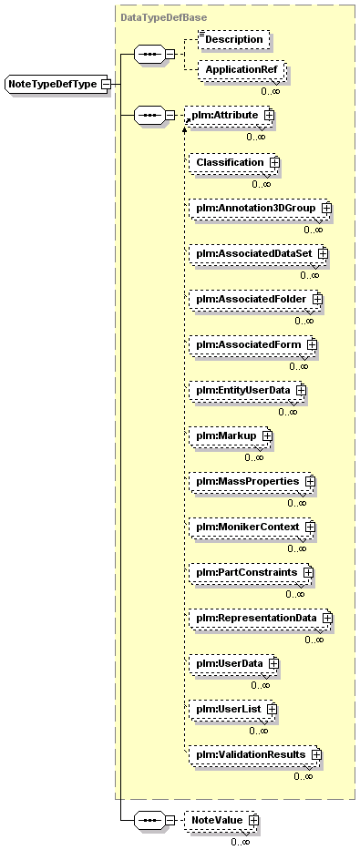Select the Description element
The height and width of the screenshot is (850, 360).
tap(233, 39)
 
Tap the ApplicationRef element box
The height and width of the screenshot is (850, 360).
tap(242, 70)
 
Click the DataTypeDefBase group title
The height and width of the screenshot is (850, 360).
tap(156, 17)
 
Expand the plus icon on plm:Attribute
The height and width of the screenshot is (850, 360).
tap(268, 115)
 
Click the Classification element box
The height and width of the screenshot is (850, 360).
tap(233, 162)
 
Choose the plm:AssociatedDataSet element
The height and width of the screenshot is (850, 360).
tap(259, 253)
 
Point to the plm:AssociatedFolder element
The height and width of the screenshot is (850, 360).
tap(255, 299)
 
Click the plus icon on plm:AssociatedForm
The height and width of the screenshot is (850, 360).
tap(311, 344)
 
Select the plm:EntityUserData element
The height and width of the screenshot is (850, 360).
tap(247, 390)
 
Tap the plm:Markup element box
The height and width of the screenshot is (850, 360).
tap(230, 435)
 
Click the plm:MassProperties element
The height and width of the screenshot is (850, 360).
tap(252, 481)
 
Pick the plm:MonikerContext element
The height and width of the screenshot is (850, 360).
tap(252, 527)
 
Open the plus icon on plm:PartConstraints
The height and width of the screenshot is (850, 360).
tap(308, 572)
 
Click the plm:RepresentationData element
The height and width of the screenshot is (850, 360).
tap(261, 618)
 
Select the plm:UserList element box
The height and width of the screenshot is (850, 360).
tap(233, 709)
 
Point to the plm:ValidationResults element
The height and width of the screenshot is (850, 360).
tap(255, 754)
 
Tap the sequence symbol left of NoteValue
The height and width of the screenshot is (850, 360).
tap(148, 820)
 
